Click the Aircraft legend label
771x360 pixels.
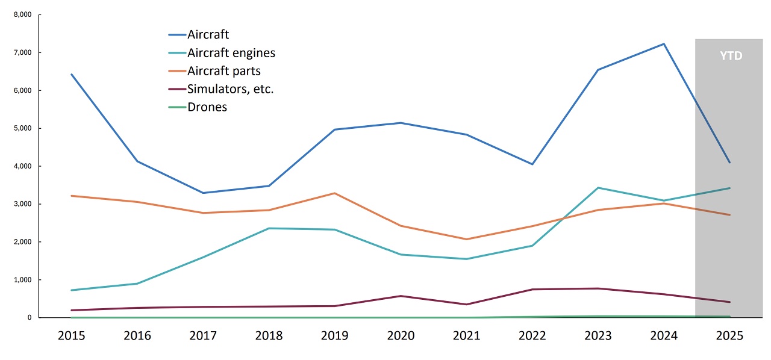point(208,35)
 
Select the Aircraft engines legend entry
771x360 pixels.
point(231,53)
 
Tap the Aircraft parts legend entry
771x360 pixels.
point(223,71)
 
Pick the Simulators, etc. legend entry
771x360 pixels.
point(231,89)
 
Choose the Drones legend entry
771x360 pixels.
point(207,107)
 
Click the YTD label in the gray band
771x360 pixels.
point(731,56)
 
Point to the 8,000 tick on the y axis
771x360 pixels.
point(22,15)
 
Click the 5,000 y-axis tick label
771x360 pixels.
point(22,128)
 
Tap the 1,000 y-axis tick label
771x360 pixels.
point(22,280)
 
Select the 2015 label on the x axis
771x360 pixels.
point(71,335)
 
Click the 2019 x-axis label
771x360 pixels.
point(334,335)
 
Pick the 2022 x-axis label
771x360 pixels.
point(532,335)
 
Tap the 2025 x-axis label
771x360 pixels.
point(729,335)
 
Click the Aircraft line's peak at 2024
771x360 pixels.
point(664,44)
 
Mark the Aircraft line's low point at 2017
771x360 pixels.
point(203,193)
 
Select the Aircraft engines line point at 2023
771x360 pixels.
point(598,188)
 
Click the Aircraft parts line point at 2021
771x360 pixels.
point(466,240)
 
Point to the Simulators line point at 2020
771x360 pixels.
point(401,296)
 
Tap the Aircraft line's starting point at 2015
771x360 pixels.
point(71,74)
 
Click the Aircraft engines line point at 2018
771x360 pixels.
point(269,228)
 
